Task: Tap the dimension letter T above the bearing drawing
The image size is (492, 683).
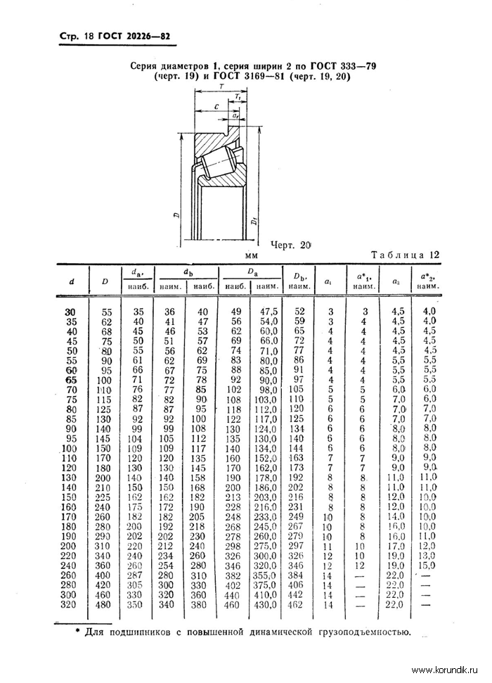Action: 221,87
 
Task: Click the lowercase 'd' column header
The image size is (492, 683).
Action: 71,281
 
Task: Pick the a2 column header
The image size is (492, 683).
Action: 396,281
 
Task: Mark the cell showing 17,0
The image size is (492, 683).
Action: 396,545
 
